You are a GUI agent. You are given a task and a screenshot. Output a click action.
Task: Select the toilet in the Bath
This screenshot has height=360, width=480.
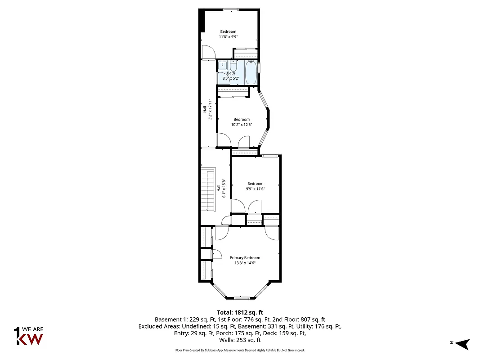pos(233,67)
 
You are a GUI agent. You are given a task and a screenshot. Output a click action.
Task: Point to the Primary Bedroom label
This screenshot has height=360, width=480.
pos(245,258)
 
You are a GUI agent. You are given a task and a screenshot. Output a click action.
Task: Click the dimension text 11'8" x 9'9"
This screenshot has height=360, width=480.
pos(228,37)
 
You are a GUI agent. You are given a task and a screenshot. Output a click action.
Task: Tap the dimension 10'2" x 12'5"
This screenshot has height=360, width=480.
pos(242,125)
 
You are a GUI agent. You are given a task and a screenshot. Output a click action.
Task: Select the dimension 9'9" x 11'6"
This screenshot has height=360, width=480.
pos(255,189)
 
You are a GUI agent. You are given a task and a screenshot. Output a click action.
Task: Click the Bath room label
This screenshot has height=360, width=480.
pos(231,73)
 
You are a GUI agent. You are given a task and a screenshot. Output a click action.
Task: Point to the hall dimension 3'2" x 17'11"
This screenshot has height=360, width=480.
pos(210,109)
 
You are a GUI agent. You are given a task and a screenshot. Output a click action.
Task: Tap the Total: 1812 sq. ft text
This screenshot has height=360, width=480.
pos(240,312)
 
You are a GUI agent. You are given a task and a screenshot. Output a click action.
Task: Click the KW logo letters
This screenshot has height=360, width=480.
pos(30,339)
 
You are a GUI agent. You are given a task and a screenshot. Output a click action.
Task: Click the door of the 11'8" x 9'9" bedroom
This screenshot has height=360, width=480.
pos(208,53)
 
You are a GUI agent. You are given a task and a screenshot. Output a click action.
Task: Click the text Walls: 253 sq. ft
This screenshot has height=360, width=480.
pos(240,340)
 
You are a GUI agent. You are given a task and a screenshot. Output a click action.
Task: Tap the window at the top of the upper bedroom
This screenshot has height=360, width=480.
pos(231,9)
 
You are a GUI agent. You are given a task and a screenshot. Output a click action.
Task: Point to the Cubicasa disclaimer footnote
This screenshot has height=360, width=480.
pos(240,350)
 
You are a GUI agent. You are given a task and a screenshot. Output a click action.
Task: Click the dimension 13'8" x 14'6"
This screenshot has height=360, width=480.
pos(245,263)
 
